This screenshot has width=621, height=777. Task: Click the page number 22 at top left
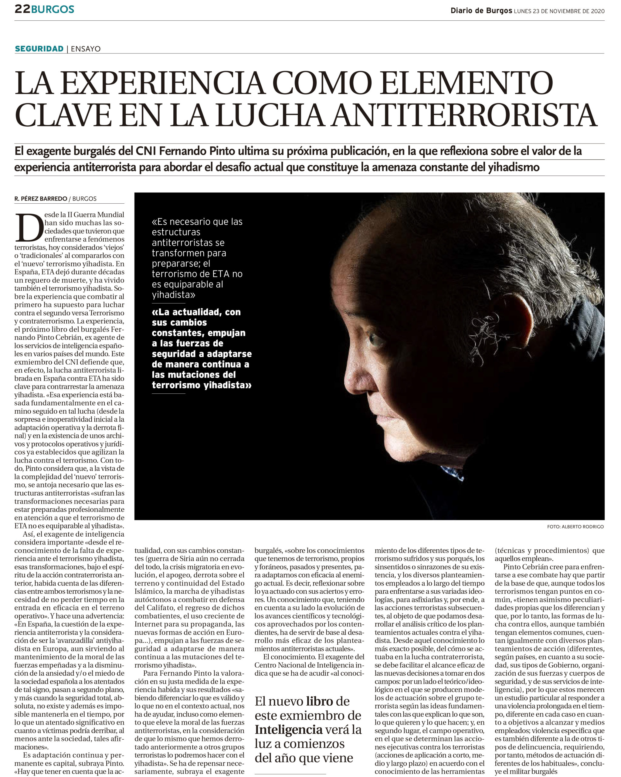(x=22, y=9)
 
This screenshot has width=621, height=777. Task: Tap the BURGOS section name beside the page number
(x=53, y=9)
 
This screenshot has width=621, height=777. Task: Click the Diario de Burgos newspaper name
(x=481, y=11)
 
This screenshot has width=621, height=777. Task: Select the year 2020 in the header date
(x=598, y=11)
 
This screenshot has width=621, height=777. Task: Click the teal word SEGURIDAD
(x=39, y=49)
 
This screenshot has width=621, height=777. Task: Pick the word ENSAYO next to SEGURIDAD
(x=86, y=49)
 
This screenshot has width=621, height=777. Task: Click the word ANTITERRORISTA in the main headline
(x=465, y=115)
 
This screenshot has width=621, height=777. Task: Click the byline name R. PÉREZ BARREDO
(x=41, y=198)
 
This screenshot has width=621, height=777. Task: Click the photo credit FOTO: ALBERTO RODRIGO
(x=575, y=527)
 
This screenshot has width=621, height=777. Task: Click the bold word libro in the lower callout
(x=319, y=701)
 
